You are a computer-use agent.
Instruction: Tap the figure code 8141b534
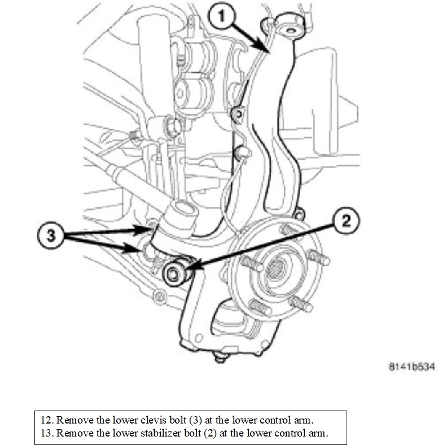click(411, 366)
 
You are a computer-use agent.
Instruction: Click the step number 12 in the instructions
click(46, 420)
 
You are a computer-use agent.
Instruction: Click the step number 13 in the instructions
click(46, 433)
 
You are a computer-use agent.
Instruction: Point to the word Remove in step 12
click(73, 420)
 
